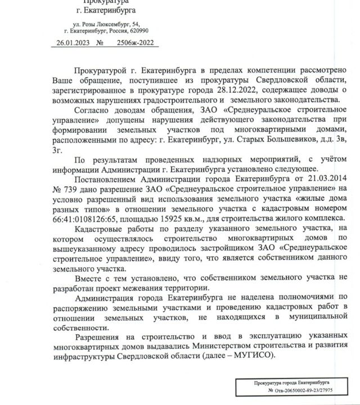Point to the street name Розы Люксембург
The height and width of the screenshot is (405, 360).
coord(99,24)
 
